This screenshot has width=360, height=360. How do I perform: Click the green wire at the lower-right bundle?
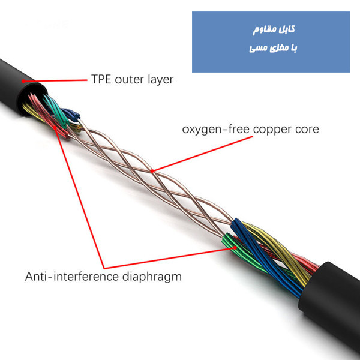point(228,242)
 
